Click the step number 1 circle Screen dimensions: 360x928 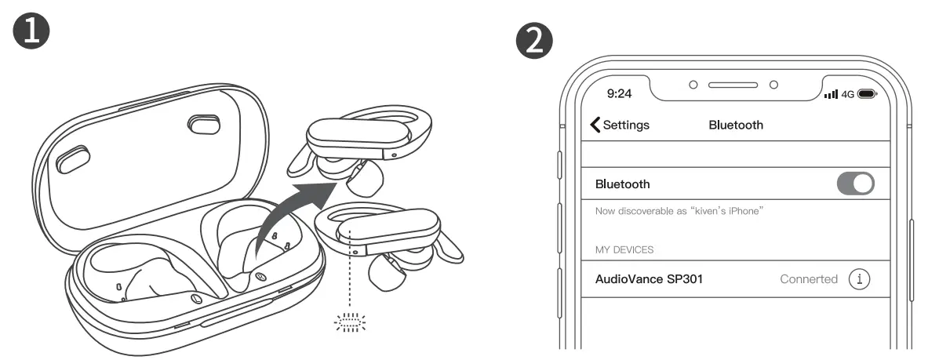click(32, 31)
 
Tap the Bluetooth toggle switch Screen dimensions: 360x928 click(855, 184)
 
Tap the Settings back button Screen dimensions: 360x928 click(619, 125)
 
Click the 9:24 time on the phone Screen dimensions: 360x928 click(620, 93)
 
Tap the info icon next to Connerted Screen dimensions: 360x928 click(861, 279)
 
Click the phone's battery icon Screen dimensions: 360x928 click(866, 94)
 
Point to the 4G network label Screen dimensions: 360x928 click(847, 94)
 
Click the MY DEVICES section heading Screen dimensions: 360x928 click(624, 249)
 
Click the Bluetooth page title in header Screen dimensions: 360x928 click(735, 125)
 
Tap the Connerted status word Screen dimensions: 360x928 click(808, 279)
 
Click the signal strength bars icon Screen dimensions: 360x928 click(831, 94)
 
